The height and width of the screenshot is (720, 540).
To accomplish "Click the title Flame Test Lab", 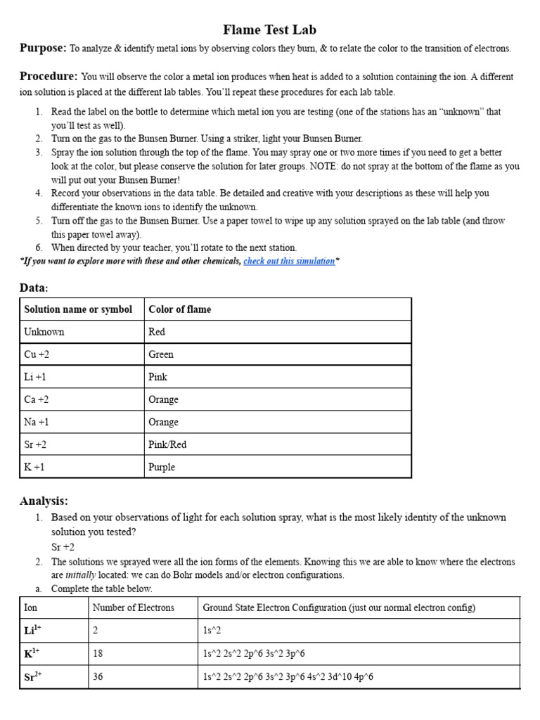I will click(269, 30).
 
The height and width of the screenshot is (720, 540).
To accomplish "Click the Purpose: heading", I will click(43, 48).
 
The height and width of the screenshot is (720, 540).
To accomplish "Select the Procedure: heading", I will click(49, 76).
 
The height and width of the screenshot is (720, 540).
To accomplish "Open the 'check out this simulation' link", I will click(289, 261).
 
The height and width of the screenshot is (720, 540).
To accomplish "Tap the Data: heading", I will click(34, 288).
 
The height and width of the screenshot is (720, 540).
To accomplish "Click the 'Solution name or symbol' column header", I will click(78, 309).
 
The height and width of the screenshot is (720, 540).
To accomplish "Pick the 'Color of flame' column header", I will click(179, 309).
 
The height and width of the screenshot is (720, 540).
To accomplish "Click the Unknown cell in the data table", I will click(44, 332).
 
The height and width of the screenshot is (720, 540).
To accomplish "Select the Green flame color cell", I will click(161, 354).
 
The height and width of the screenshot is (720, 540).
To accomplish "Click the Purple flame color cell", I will click(162, 467).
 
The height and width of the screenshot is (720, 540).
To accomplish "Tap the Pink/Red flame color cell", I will click(167, 444).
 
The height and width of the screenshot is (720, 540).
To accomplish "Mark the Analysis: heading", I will click(44, 501).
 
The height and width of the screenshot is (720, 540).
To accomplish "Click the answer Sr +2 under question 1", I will click(63, 546).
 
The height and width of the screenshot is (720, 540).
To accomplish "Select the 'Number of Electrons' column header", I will click(133, 607).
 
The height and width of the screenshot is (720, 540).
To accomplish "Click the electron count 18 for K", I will click(98, 653).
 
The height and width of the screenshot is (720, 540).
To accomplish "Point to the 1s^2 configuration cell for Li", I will click(212, 631).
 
